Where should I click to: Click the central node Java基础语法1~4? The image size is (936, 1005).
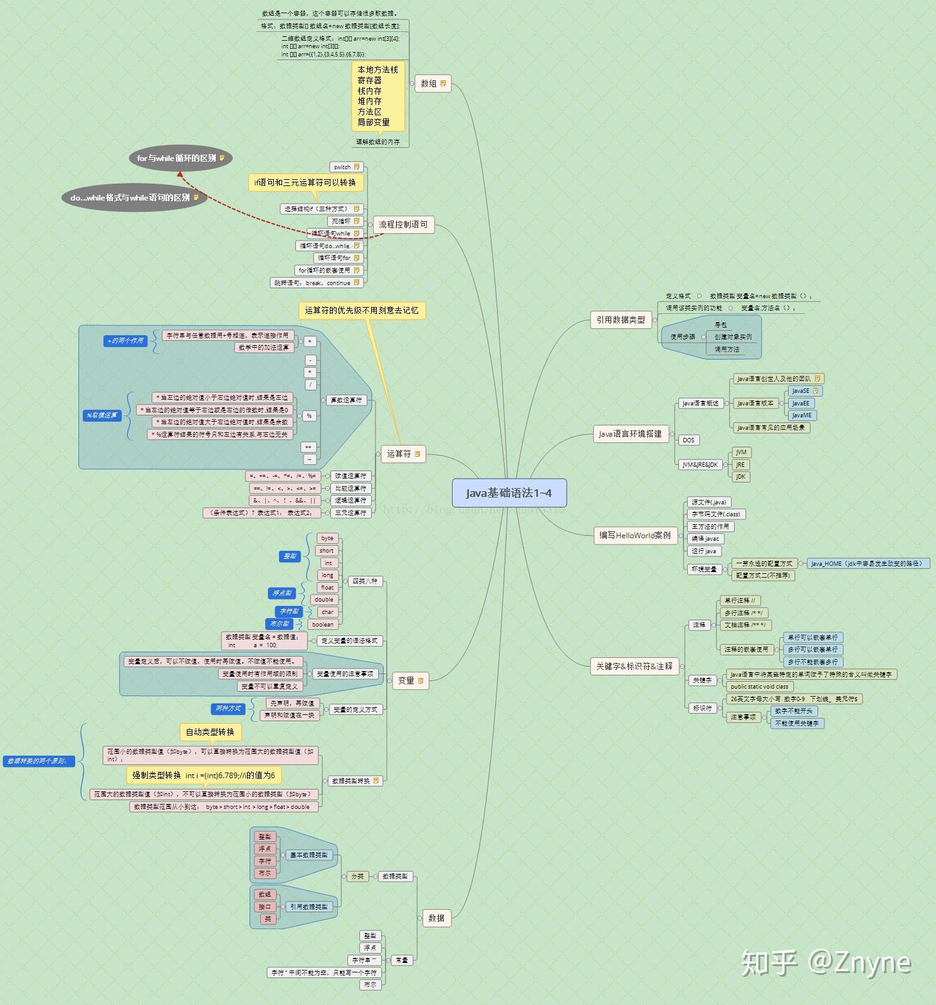[509, 493]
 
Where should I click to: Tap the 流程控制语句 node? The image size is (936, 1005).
[403, 224]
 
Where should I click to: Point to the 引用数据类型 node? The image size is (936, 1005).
[621, 320]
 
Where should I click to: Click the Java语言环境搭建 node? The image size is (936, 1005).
[630, 434]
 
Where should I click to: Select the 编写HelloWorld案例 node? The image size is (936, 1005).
[635, 535]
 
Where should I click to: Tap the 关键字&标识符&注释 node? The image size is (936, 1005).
[634, 666]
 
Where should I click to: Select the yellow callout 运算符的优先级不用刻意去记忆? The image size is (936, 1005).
[362, 310]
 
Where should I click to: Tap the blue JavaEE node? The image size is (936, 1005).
[801, 403]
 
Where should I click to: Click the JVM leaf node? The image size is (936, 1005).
[741, 452]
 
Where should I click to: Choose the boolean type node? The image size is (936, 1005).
[323, 624]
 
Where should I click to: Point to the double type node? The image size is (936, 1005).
[324, 600]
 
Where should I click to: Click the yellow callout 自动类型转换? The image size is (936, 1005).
[210, 732]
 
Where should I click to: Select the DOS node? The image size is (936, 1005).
[688, 440]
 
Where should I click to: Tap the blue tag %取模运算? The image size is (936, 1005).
[102, 415]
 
